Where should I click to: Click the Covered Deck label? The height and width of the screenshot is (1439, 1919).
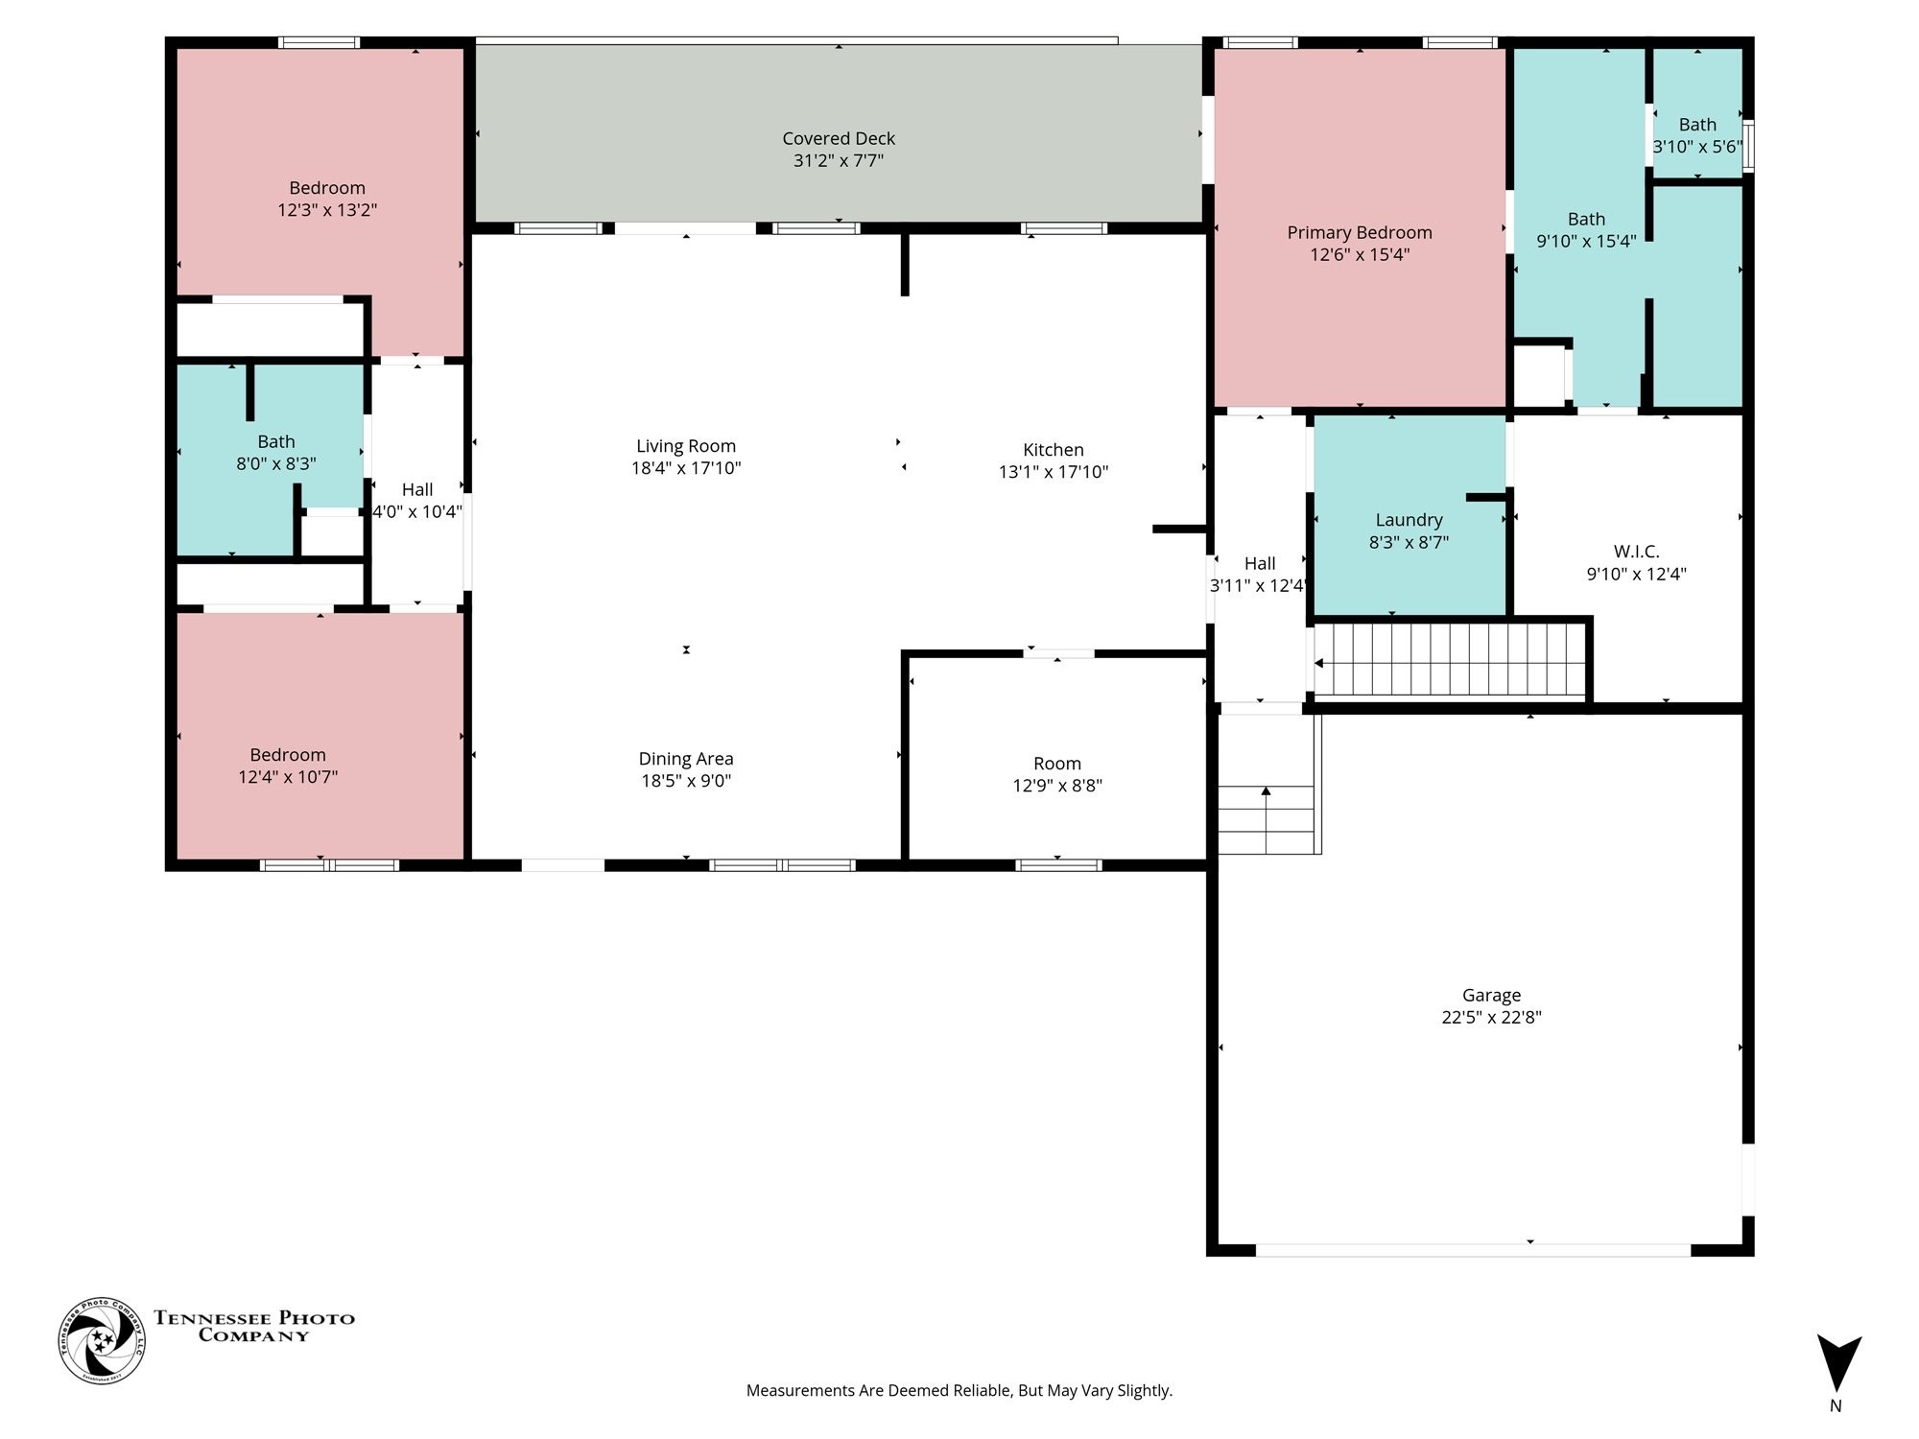point(839,138)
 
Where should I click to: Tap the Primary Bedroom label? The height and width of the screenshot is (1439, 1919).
point(1360,232)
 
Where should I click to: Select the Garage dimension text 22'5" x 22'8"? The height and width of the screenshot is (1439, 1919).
point(1491,1017)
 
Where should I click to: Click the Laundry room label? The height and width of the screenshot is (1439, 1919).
point(1409,520)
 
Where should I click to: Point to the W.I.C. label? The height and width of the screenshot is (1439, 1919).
point(1636,552)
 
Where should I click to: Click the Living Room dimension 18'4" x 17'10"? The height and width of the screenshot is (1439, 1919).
point(686,468)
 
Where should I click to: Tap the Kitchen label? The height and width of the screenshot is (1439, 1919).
point(1054,449)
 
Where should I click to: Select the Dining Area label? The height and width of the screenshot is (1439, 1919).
point(686,759)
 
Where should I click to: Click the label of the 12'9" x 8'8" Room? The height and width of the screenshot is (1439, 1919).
point(1057,764)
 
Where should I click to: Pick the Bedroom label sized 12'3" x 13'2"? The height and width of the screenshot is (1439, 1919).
point(327,188)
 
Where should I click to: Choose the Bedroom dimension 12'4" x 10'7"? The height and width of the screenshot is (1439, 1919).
point(288,777)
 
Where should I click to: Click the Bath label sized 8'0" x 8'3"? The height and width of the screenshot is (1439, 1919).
point(276,441)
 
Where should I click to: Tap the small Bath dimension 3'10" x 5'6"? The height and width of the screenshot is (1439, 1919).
point(1697,147)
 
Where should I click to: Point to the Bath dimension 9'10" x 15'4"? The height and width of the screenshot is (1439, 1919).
point(1587,241)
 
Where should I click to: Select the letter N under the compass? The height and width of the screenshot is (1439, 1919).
point(1836,1406)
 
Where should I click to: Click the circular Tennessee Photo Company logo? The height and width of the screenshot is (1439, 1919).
point(102,1340)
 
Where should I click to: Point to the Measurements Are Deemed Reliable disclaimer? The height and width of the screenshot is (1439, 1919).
point(959,1390)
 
